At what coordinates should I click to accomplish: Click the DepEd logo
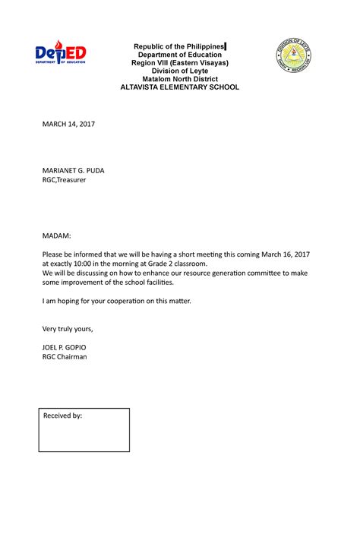pyautogui.click(x=61, y=55)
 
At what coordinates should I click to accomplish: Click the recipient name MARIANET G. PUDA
pyautogui.click(x=74, y=171)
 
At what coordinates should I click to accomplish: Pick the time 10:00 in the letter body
pyautogui.click(x=91, y=263)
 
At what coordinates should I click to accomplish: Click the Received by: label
pyautogui.click(x=63, y=416)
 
